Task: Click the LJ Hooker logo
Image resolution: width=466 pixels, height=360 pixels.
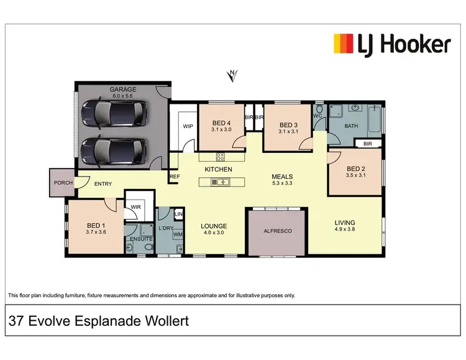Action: pyautogui.click(x=392, y=44)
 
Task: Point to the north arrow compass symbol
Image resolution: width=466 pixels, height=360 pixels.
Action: pyautogui.click(x=232, y=76)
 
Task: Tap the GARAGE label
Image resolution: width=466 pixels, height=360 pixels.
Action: pyautogui.click(x=123, y=90)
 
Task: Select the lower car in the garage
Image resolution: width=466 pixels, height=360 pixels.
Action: pyautogui.click(x=114, y=149)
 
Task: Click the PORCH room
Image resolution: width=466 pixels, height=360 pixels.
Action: pyautogui.click(x=63, y=183)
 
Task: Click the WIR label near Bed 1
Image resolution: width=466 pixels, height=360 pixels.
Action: pyautogui.click(x=135, y=208)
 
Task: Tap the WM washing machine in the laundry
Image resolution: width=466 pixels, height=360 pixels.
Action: pyautogui.click(x=178, y=235)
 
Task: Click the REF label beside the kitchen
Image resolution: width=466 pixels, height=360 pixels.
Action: pyautogui.click(x=175, y=177)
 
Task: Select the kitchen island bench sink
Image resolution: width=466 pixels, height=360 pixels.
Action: pyautogui.click(x=219, y=182)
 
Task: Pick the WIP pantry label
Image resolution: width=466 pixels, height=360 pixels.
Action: pyautogui.click(x=188, y=126)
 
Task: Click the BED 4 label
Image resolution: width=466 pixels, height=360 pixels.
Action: pyautogui.click(x=222, y=122)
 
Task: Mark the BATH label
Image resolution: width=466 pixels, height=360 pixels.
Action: pyautogui.click(x=352, y=126)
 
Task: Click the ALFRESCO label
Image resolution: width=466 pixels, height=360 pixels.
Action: pyautogui.click(x=278, y=231)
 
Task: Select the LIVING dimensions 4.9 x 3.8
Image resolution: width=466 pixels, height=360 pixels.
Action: pyautogui.click(x=345, y=230)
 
